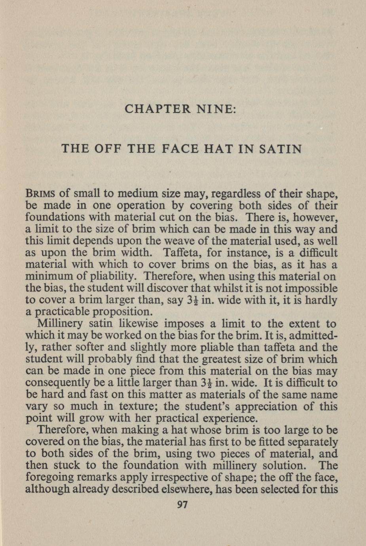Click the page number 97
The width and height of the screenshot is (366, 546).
point(182,504)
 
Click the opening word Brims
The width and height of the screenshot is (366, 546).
point(42,194)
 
